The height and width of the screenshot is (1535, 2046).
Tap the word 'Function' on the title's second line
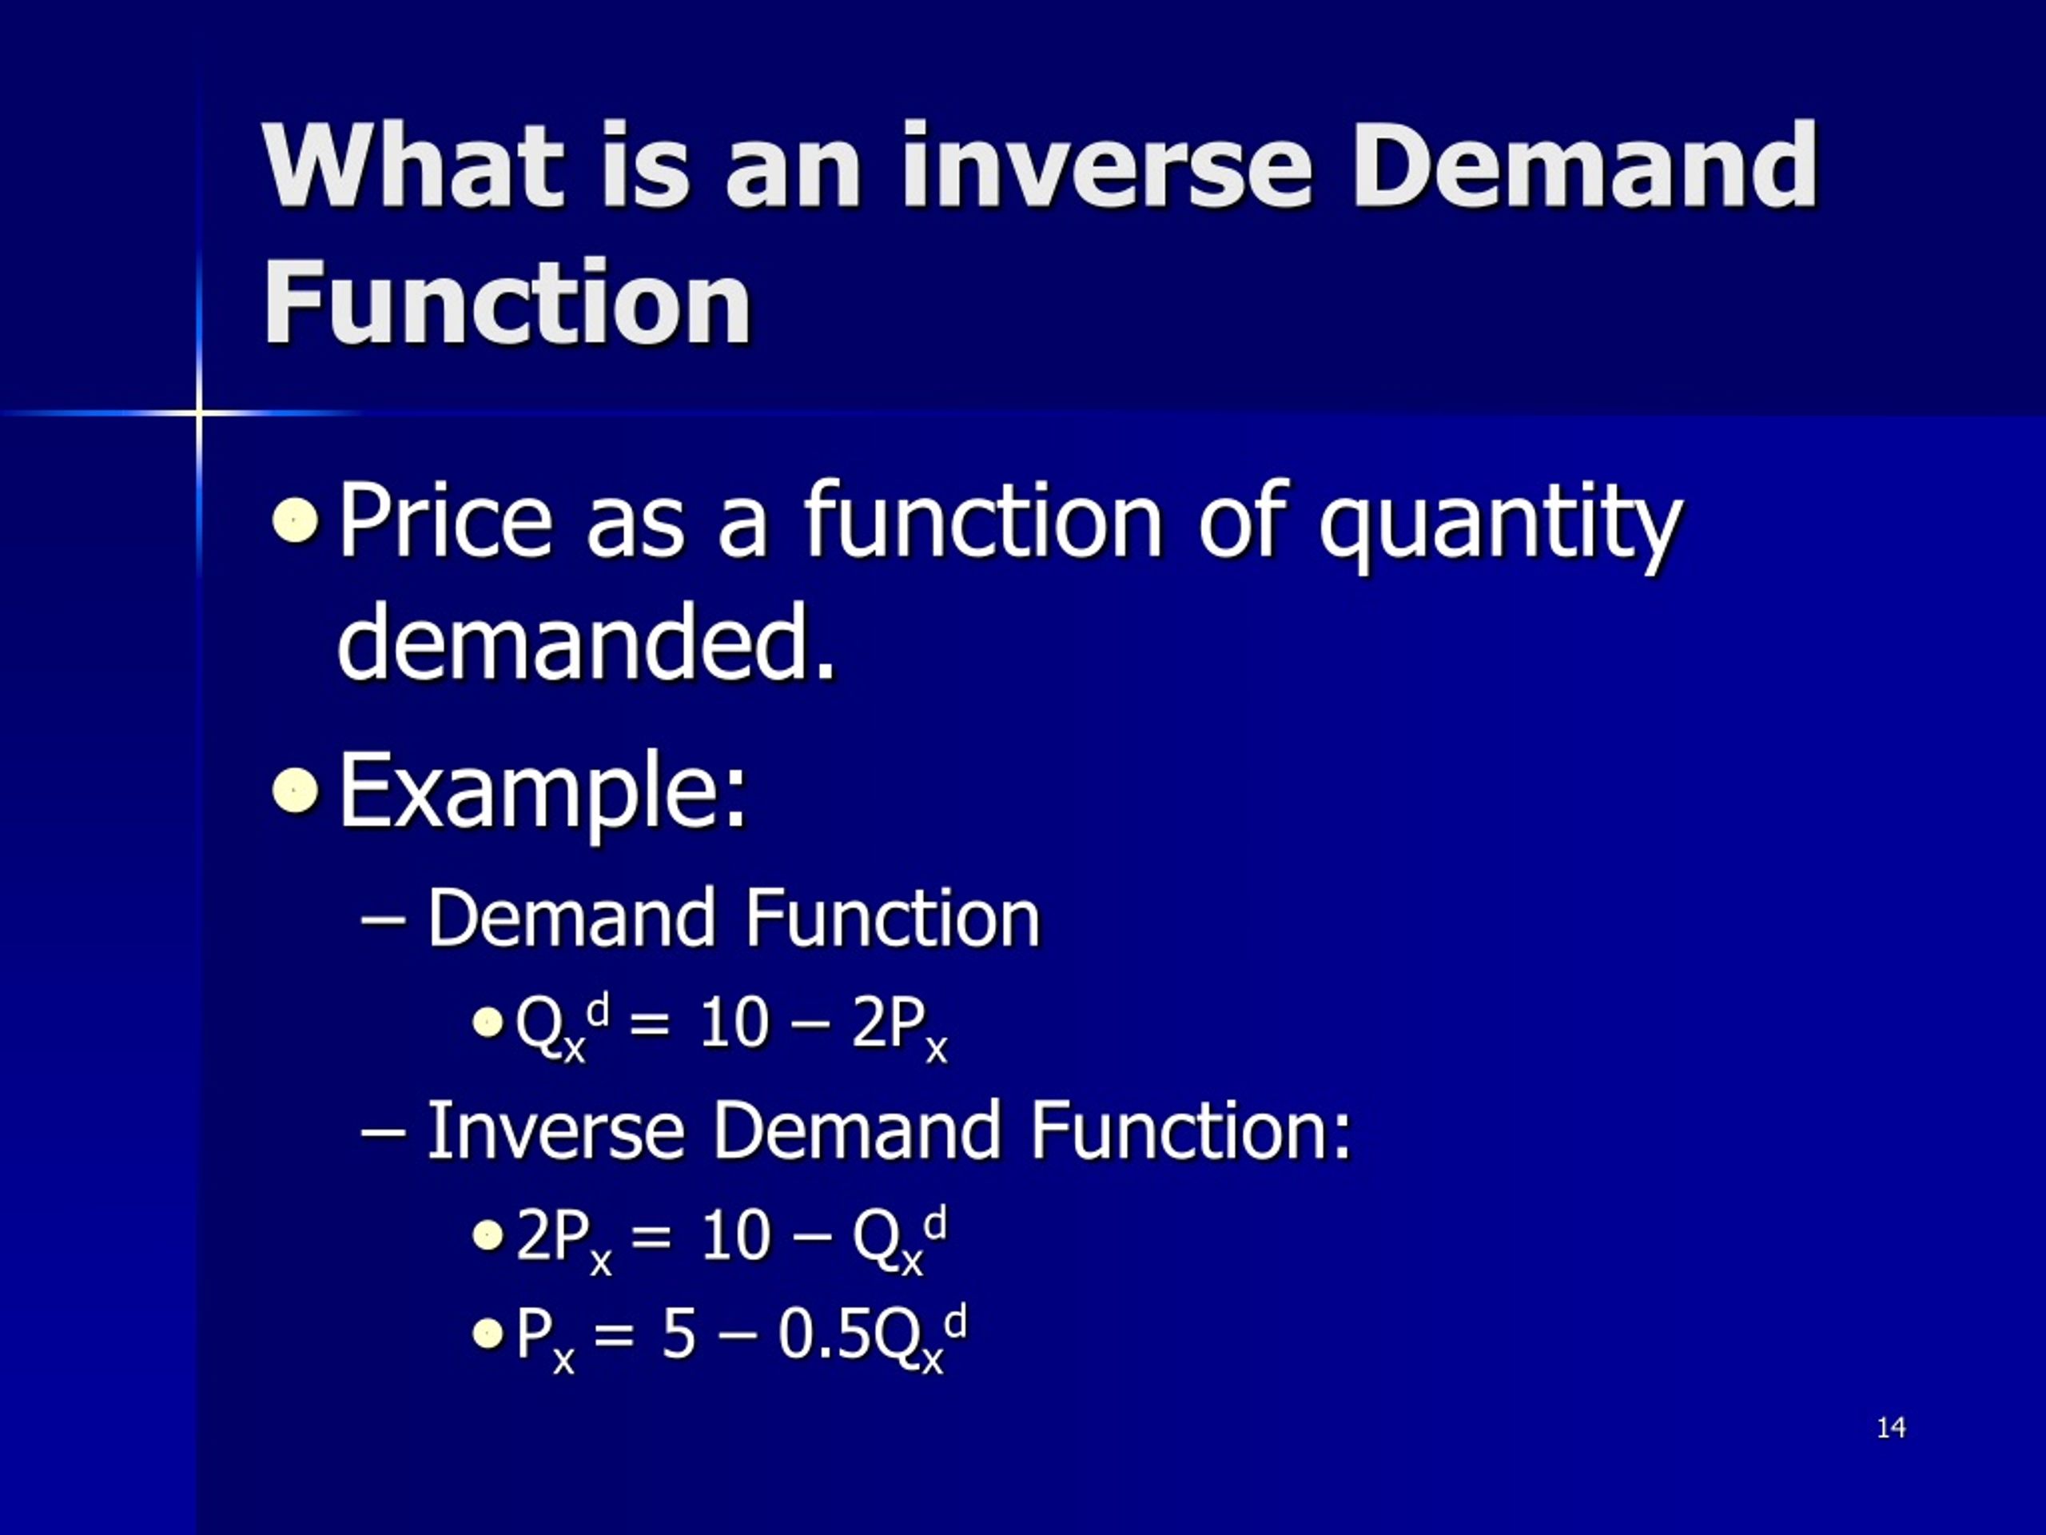coord(507,301)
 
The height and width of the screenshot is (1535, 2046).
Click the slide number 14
coord(1891,1428)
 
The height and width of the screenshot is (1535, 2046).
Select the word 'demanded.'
coord(587,640)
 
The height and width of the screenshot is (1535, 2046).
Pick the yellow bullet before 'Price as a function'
coord(296,521)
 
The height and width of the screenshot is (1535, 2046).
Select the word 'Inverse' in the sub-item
coord(555,1130)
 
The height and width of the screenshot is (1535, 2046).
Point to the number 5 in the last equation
coord(678,1334)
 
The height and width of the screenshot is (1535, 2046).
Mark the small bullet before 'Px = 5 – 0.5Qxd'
coord(487,1334)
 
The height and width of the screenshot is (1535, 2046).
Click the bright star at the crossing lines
coord(198,413)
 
